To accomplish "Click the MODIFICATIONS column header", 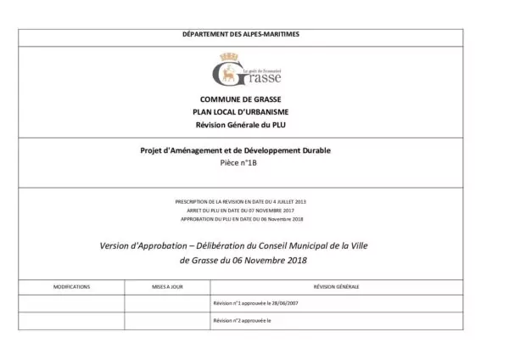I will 71,288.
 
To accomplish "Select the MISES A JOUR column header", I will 167,288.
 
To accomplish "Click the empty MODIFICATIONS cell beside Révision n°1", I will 71,303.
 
